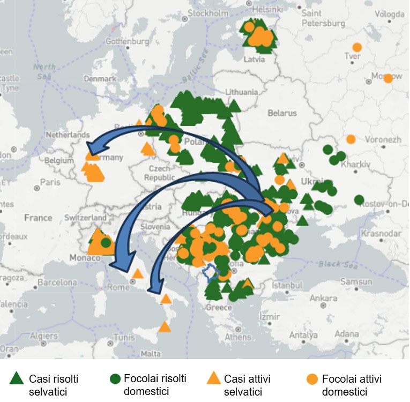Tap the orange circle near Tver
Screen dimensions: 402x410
(x=357, y=47)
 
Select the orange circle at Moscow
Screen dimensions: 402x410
(x=388, y=78)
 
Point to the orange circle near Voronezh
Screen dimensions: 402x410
(x=351, y=139)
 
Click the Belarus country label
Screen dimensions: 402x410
(x=282, y=113)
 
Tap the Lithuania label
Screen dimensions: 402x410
(x=241, y=92)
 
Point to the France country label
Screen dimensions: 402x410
(x=38, y=218)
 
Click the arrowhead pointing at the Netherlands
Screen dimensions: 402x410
(x=94, y=148)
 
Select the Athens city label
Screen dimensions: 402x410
(x=237, y=337)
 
